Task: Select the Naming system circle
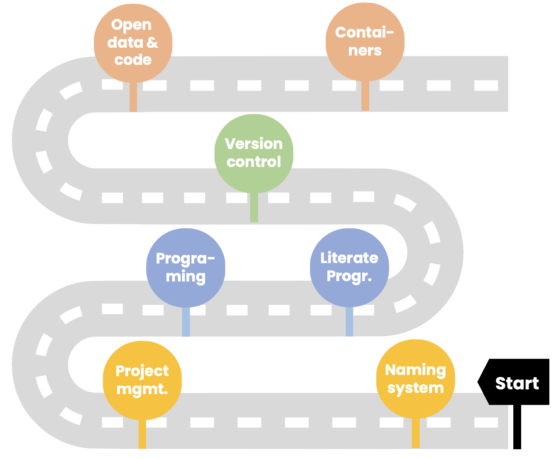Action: tap(415, 378)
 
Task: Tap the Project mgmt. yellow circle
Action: tap(142, 380)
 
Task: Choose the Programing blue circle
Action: tap(186, 267)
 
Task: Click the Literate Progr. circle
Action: tap(349, 267)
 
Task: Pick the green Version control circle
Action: tap(254, 153)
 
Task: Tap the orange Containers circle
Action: tap(365, 41)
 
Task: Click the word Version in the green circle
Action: tap(254, 144)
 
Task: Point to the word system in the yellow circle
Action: tap(415, 388)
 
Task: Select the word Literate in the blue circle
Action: tap(349, 258)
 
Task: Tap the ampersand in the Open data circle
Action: tap(152, 42)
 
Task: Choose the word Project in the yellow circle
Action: tap(142, 371)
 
